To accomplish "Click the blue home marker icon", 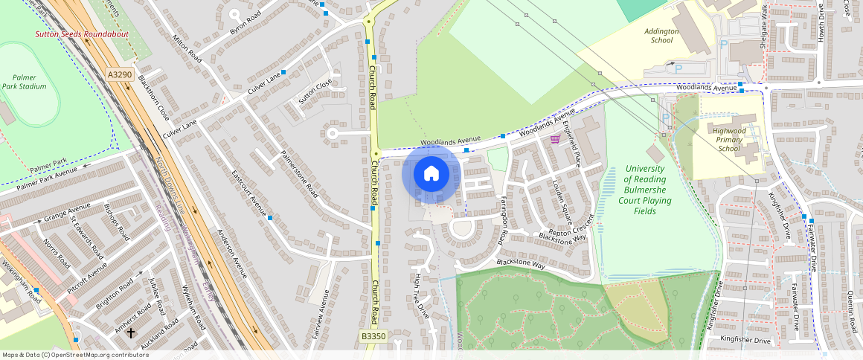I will pyautogui.click(x=431, y=174).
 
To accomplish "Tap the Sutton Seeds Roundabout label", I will pyautogui.click(x=82, y=34).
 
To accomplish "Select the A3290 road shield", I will pyautogui.click(x=119, y=74).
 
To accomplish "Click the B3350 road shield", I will pyautogui.click(x=373, y=337).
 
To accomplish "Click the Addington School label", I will pyautogui.click(x=662, y=36).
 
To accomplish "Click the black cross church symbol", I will pyautogui.click(x=131, y=332).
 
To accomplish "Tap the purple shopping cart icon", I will pyautogui.click(x=554, y=139).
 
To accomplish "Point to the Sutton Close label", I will pyautogui.click(x=315, y=93).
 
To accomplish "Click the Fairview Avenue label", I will pyautogui.click(x=321, y=320).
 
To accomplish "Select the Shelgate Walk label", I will pyautogui.click(x=763, y=28).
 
